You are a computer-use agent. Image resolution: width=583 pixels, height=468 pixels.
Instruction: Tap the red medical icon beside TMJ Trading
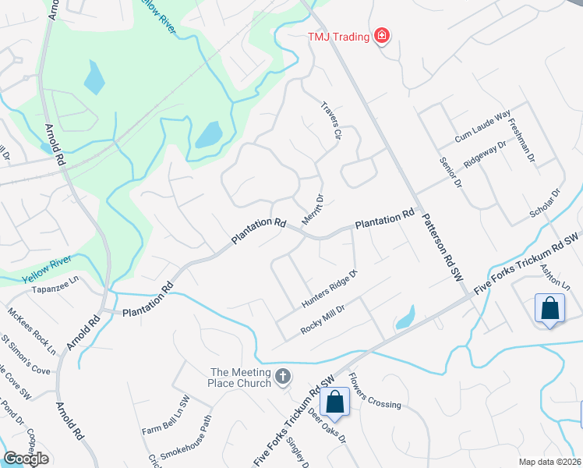[x=382, y=35]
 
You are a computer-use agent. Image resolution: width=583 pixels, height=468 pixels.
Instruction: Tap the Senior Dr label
[x=452, y=175]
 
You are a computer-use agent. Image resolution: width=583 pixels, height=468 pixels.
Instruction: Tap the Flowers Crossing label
[x=375, y=392]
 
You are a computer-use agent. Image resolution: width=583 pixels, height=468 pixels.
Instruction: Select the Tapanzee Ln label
[x=56, y=282]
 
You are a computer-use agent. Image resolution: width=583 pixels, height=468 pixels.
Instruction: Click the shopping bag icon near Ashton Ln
[x=549, y=308]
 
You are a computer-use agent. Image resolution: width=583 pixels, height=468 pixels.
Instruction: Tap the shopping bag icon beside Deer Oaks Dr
[x=335, y=402]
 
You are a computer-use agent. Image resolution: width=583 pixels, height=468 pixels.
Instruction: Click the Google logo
[x=26, y=459]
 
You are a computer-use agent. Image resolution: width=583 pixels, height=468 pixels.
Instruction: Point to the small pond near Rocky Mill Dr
[x=404, y=317]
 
